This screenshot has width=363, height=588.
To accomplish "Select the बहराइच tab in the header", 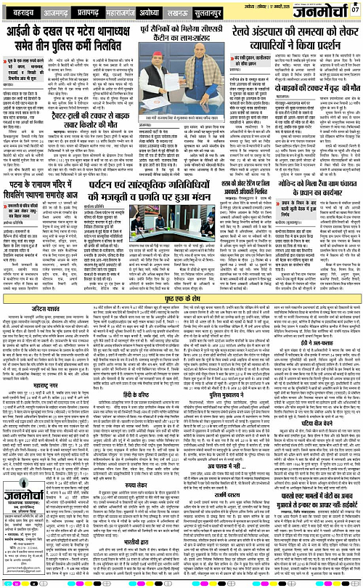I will click(x=21, y=13).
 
